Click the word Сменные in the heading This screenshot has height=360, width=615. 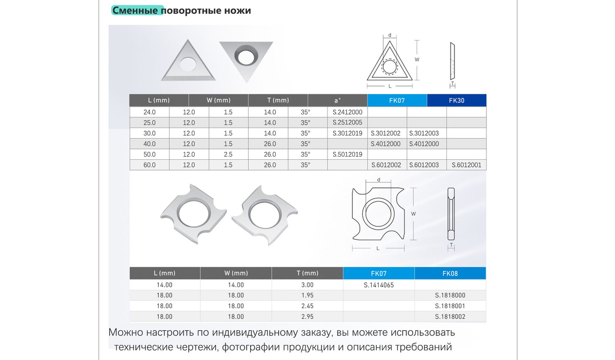click(x=135, y=10)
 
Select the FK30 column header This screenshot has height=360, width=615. click(x=457, y=100)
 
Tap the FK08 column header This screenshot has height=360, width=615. click(x=450, y=273)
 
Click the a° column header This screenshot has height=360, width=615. click(x=337, y=100)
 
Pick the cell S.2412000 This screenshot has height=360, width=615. click(x=347, y=112)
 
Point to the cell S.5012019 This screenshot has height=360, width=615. click(x=347, y=155)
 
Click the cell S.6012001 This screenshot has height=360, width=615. click(x=466, y=165)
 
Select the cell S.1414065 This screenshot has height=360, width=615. click(x=379, y=285)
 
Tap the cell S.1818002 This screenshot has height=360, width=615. click(x=450, y=316)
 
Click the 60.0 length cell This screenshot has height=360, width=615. click(x=149, y=165)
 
